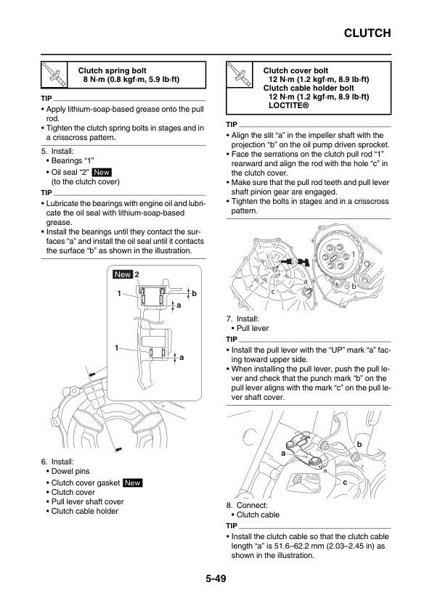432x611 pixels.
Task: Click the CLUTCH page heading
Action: point(367,33)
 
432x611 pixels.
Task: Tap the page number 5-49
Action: point(216,578)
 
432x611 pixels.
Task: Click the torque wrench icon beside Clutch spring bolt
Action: point(54,75)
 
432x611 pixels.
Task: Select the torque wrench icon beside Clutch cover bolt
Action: point(239,75)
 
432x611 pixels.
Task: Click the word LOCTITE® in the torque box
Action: point(288,105)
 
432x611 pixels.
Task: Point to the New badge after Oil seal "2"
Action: point(102,172)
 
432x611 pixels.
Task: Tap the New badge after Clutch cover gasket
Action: point(133,483)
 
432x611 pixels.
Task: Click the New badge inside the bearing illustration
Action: point(123,274)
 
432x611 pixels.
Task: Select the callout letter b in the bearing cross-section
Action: point(194,293)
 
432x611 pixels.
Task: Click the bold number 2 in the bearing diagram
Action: point(136,274)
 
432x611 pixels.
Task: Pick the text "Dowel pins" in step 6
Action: point(70,471)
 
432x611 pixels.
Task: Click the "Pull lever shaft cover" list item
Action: point(87,501)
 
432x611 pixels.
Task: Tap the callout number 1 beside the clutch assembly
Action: point(354,254)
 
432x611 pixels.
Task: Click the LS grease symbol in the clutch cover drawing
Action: point(295,261)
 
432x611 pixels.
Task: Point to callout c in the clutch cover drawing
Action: point(273,292)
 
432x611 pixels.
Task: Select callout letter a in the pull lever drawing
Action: point(283,454)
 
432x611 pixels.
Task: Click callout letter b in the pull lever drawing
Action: point(359,444)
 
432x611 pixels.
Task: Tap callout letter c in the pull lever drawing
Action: point(345,483)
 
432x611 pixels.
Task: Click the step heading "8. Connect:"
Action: point(247,505)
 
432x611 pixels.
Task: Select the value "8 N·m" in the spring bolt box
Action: point(94,80)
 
